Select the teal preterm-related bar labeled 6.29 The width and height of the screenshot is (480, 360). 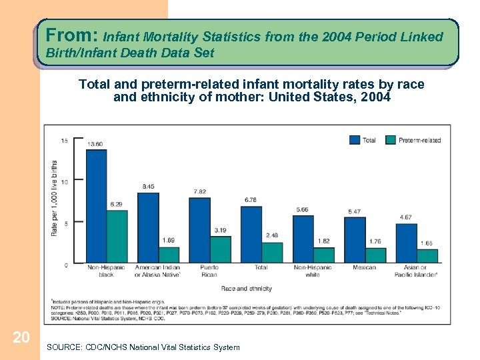(117, 236)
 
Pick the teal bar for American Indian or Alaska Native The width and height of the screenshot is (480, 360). (169, 255)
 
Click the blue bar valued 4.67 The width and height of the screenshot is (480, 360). (406, 243)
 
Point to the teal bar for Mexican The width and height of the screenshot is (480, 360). (375, 255)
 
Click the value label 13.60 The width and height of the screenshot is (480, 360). (95, 144)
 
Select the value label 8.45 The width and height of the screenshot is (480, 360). (148, 187)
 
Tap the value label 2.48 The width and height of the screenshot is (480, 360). (272, 235)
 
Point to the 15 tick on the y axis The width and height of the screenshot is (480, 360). (63, 140)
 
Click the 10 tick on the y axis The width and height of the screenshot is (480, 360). (63, 181)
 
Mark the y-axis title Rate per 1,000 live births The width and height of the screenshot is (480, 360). (53, 198)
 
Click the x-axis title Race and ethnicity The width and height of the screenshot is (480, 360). (246, 289)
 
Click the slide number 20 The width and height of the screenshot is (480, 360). (21, 338)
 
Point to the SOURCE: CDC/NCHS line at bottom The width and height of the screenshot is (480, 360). (143, 347)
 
